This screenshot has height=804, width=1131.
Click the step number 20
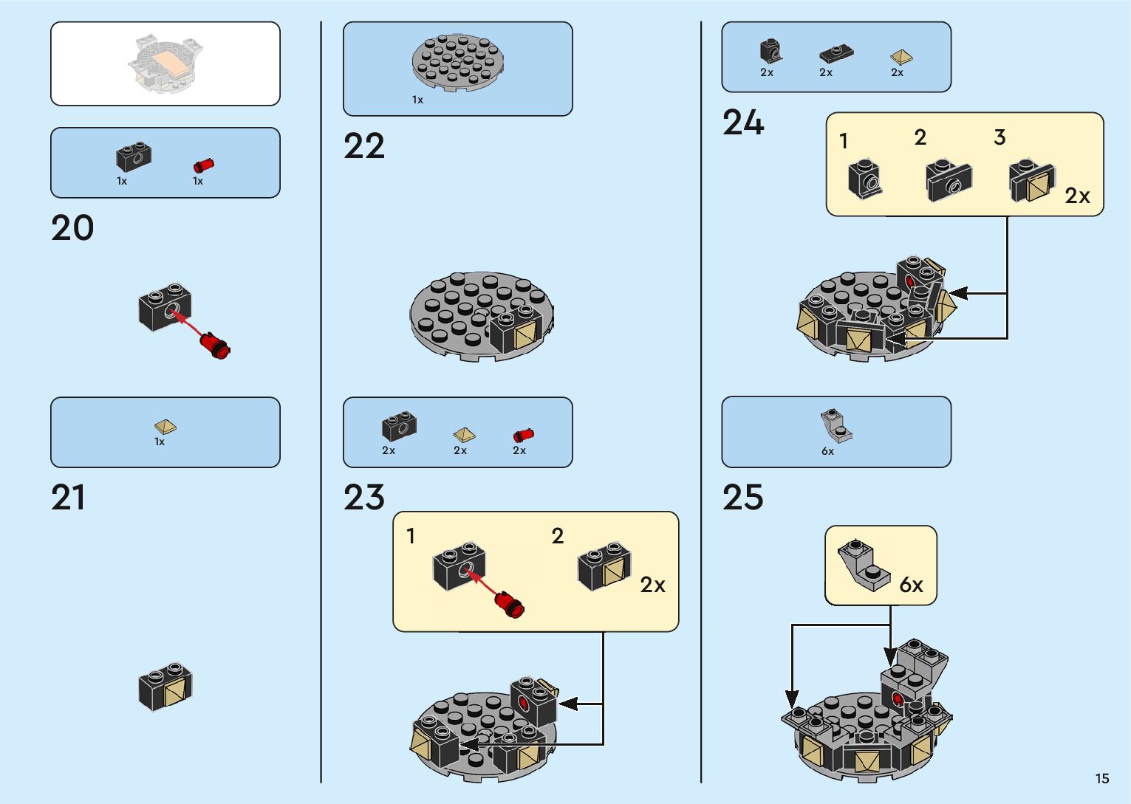[72, 228]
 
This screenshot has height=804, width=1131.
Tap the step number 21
[68, 498]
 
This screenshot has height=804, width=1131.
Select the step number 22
[363, 146]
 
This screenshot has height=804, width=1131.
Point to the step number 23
[363, 498]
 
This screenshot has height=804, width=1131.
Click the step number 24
[742, 123]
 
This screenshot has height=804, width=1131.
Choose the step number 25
[742, 498]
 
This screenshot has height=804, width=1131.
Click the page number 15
[1101, 779]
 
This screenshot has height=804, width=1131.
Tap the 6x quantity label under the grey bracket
[827, 451]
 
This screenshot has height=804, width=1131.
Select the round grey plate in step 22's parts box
[458, 62]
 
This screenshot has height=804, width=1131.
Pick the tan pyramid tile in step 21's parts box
[165, 427]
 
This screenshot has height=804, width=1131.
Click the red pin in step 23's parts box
[523, 435]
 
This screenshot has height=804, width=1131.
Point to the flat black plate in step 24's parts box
[836, 54]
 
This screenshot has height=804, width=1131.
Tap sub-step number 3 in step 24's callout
[1000, 137]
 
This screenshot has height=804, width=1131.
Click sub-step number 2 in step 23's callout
[558, 536]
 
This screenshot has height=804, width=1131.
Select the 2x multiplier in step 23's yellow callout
[652, 585]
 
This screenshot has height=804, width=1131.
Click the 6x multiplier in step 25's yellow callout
[911, 585]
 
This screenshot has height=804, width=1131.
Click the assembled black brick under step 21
[165, 686]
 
